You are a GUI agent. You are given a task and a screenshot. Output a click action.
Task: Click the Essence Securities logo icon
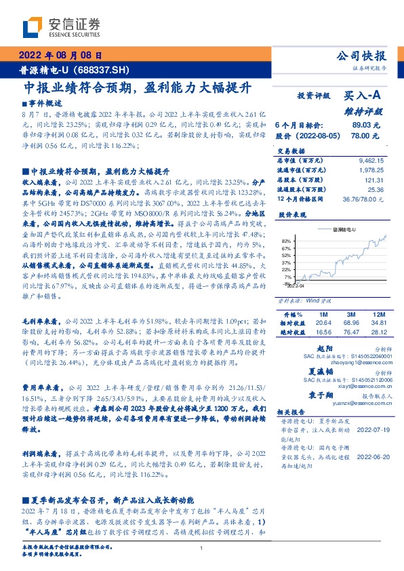(31, 28)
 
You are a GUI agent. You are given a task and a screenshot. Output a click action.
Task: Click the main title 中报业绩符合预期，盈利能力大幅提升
(138, 88)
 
